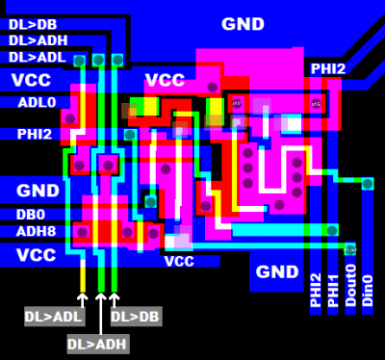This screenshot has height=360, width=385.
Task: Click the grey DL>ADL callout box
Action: pos(53,316)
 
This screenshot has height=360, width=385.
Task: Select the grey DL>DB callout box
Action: pos(135,316)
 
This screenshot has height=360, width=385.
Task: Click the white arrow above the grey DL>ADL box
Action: pos(83,299)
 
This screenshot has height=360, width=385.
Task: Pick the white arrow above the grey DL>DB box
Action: pos(115,299)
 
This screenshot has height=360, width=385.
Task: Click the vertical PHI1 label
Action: pos(333,290)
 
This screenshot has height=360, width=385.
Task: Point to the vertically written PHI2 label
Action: pos(316,290)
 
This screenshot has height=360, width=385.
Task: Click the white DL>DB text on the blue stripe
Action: pos(34,22)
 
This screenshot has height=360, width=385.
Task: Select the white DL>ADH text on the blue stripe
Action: pos(38,39)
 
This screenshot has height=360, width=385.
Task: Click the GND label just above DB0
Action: pos(38,191)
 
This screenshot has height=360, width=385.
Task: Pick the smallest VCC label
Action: pos(179,261)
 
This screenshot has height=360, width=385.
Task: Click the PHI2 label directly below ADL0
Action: pos(33,134)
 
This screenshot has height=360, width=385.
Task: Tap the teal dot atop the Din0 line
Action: pos(367,183)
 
